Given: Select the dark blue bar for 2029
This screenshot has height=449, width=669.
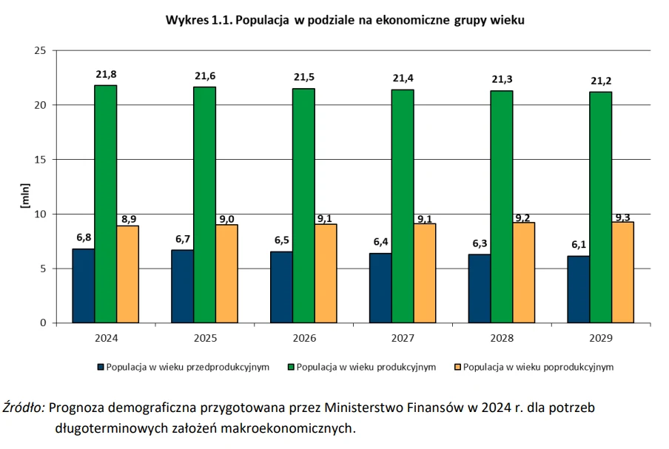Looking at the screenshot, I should point(578,289).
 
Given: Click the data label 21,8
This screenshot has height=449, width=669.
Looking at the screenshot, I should point(106,74).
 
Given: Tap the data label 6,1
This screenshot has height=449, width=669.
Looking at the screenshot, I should point(578,246).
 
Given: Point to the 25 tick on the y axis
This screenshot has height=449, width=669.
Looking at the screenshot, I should point(41,50).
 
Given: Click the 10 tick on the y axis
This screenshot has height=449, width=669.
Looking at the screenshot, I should point(41,214).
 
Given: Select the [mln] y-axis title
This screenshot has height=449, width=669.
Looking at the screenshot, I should point(24,195).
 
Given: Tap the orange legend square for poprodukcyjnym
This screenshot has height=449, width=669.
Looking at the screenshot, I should point(457,366).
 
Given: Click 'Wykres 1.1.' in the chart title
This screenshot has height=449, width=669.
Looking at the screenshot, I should point(198,21).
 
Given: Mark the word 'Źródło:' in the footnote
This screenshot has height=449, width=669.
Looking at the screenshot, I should point(24,408).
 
